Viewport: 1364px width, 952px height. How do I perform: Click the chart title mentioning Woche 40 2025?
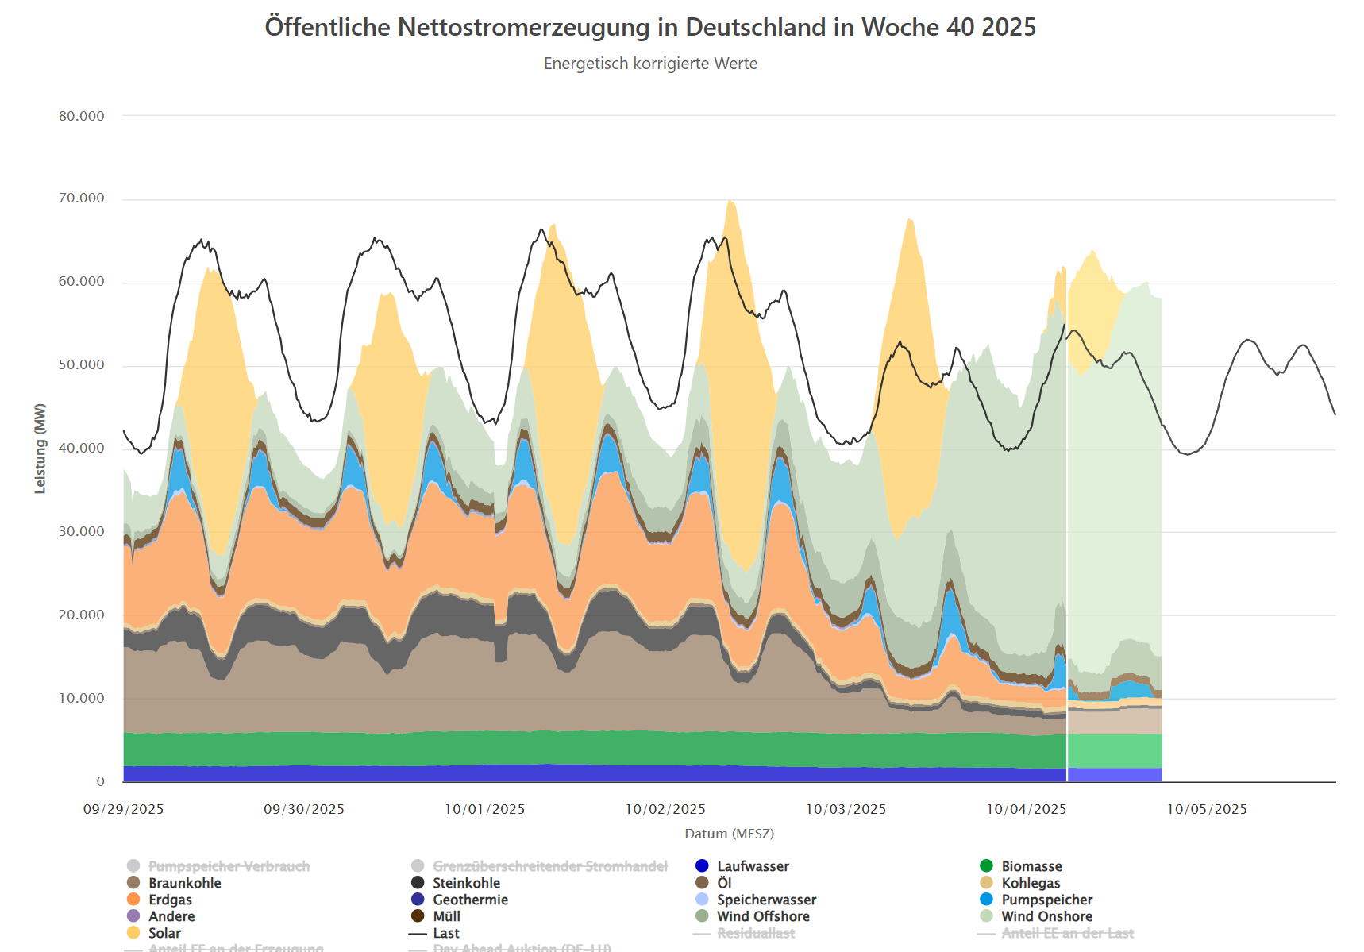click(650, 27)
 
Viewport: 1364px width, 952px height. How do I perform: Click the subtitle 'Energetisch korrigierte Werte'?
click(650, 64)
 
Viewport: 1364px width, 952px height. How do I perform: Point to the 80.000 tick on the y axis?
click(81, 116)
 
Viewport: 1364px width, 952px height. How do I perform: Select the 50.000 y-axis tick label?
click(81, 365)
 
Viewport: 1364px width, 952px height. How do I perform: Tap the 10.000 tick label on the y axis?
click(81, 699)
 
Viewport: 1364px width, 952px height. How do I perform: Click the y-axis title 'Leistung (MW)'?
click(40, 449)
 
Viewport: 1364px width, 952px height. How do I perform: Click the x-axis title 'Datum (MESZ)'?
click(729, 834)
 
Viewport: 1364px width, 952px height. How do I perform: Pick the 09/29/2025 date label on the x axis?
click(124, 809)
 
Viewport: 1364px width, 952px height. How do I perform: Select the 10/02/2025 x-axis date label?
click(665, 809)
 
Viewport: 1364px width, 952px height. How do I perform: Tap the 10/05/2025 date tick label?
click(1207, 809)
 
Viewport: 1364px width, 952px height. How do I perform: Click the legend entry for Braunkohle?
click(184, 883)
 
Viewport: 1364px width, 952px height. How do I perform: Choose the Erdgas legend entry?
click(170, 900)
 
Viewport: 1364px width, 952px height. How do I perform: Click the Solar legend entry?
click(164, 933)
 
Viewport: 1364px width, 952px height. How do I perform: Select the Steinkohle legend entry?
click(466, 883)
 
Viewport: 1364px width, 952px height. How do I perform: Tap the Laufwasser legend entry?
click(753, 866)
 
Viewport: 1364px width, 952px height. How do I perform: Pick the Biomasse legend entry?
click(1031, 866)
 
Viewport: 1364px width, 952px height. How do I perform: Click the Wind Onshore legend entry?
click(1046, 916)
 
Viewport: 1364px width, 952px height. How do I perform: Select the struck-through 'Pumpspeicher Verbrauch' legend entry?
click(229, 866)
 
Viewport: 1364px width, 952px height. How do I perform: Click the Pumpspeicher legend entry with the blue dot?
click(1046, 900)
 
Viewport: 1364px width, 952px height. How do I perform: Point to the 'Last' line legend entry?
click(445, 933)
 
